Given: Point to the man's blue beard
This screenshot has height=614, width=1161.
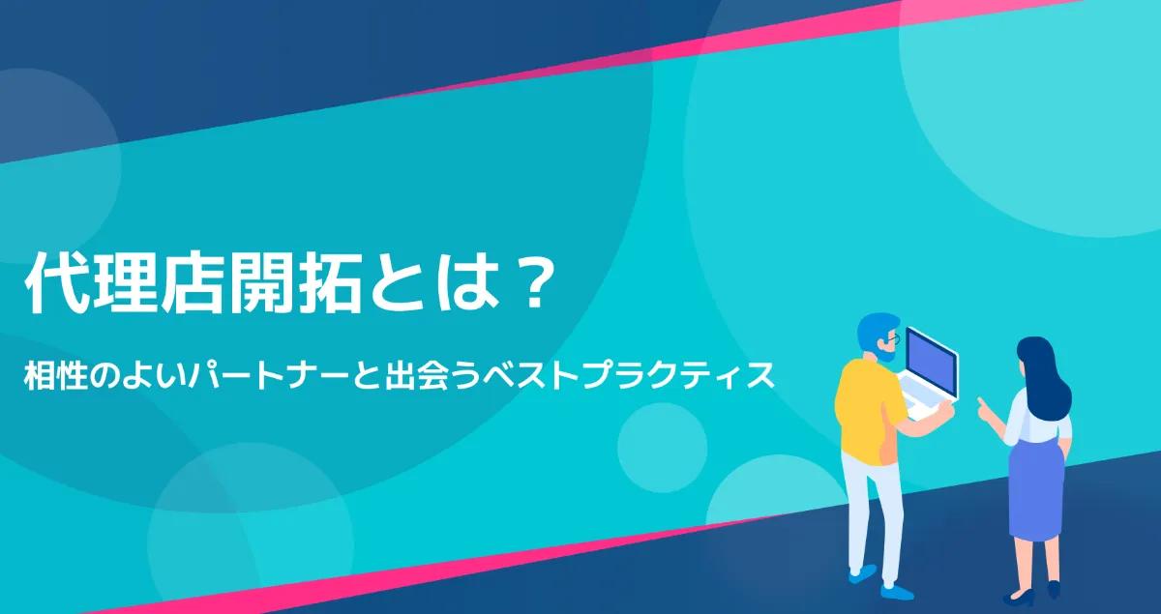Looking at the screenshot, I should [885, 354].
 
